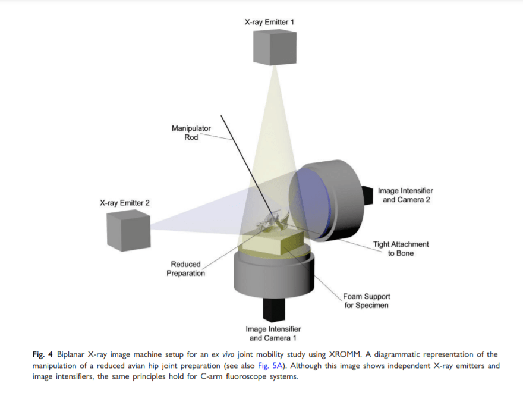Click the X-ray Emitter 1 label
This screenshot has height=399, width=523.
(269, 22)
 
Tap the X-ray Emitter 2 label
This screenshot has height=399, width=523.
(125, 203)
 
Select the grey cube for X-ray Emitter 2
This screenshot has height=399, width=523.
(127, 230)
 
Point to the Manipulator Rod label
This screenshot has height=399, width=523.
(191, 133)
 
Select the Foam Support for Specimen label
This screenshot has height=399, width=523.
(367, 300)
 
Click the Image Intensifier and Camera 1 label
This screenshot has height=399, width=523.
(273, 334)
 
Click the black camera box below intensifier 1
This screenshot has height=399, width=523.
(275, 309)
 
